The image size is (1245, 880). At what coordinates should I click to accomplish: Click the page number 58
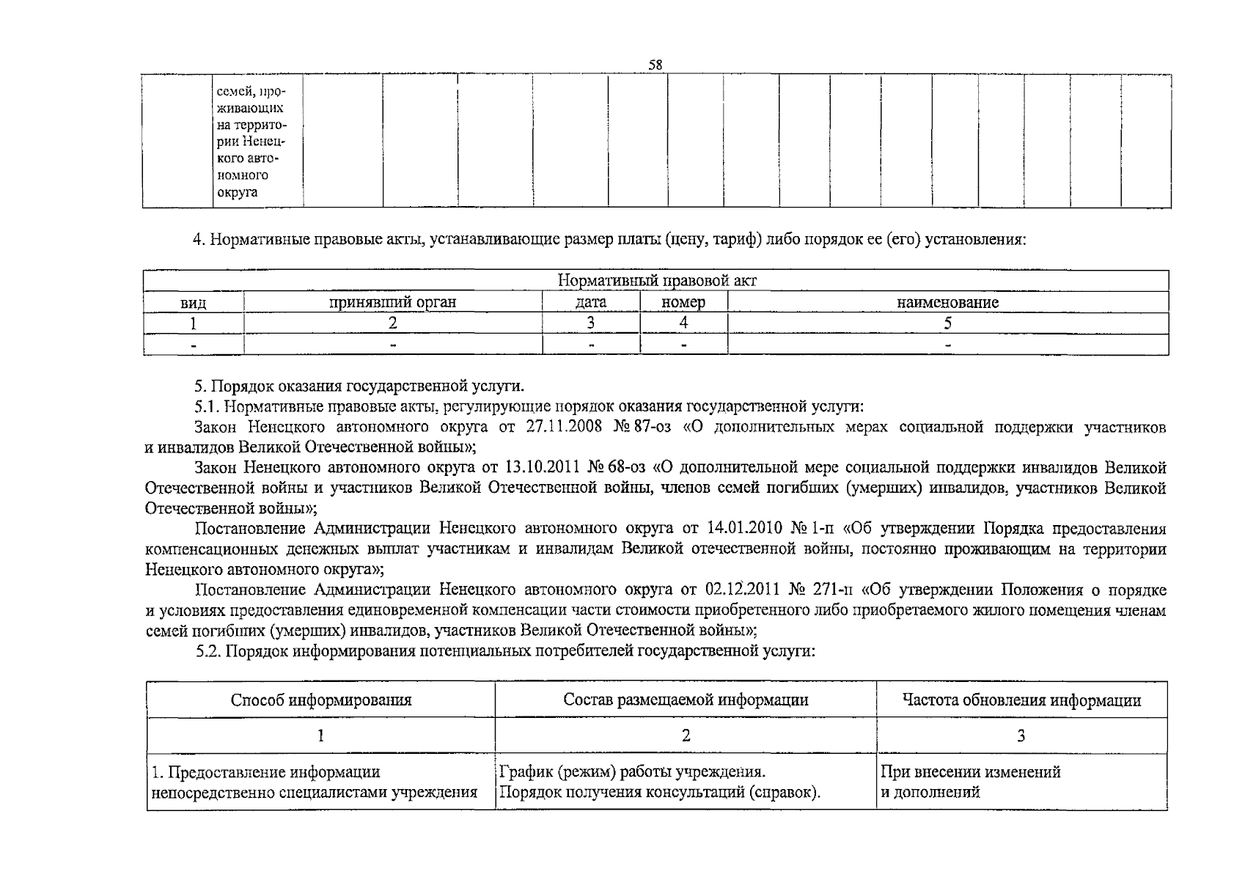655,65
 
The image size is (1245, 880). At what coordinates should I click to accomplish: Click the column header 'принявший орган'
392,302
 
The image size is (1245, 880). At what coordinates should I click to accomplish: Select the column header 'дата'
591,302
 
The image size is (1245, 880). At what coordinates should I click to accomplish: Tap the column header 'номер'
683,302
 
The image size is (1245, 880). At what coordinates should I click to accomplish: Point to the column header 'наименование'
947,302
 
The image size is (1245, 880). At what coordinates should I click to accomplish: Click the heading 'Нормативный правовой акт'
657,281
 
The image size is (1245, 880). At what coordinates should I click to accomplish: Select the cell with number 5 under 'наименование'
947,323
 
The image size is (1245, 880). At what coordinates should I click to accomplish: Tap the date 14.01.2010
745,528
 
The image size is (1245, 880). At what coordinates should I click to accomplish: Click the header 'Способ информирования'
320,700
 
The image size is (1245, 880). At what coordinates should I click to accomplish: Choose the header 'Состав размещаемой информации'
686,700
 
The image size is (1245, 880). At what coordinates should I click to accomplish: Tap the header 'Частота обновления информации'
1021,700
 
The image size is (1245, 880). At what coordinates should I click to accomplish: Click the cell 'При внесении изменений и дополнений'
970,782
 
